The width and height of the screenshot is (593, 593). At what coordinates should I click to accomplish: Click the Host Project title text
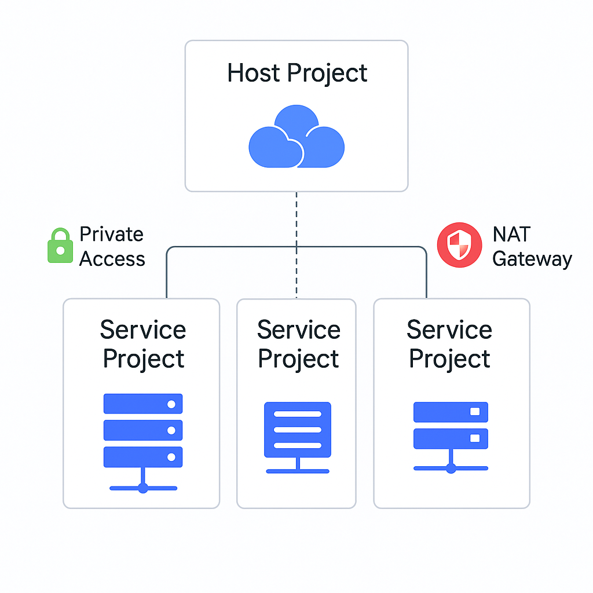pyautogui.click(x=296, y=74)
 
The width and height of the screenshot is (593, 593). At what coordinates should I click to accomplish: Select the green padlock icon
pyautogui.click(x=60, y=246)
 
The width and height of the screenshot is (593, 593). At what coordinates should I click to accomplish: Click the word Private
pyautogui.click(x=111, y=235)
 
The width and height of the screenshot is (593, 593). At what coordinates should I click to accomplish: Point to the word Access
pyautogui.click(x=112, y=259)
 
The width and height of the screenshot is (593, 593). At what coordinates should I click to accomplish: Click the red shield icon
pyautogui.click(x=459, y=245)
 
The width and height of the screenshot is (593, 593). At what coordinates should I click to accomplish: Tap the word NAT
pyautogui.click(x=511, y=235)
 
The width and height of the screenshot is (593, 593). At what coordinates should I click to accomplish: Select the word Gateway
pyautogui.click(x=532, y=259)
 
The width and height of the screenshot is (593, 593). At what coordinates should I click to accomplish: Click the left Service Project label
pyautogui.click(x=143, y=344)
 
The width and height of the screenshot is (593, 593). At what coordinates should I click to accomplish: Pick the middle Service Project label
pyautogui.click(x=298, y=344)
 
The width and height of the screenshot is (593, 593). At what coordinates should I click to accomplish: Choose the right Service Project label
pyautogui.click(x=449, y=344)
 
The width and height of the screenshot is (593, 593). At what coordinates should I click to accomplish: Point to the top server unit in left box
pyautogui.click(x=143, y=404)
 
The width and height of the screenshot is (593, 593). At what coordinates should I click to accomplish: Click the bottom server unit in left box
pyautogui.click(x=143, y=457)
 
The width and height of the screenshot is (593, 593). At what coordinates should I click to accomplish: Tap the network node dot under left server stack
pyautogui.click(x=143, y=488)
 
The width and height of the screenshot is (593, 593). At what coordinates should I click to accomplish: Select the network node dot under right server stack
pyautogui.click(x=451, y=467)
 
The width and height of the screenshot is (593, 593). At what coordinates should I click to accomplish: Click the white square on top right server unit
pyautogui.click(x=475, y=412)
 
